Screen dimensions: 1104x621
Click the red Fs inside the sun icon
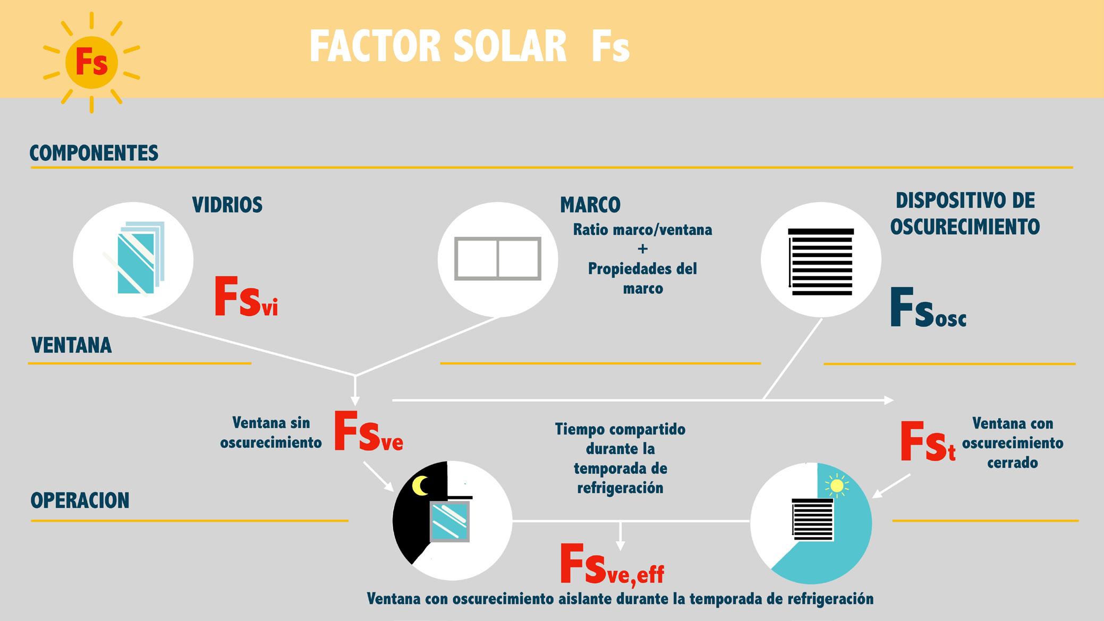(91, 63)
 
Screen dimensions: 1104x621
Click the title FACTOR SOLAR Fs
(469, 47)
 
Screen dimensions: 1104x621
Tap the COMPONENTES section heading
(94, 153)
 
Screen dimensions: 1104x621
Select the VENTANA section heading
(72, 346)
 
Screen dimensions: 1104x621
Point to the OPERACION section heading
(80, 501)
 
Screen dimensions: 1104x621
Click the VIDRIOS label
(227, 205)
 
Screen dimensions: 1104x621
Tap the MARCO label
(590, 205)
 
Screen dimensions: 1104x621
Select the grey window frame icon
(498, 259)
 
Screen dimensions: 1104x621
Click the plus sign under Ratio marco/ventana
(643, 249)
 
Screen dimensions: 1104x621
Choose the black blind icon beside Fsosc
(821, 261)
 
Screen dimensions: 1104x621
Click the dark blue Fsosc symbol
(928, 308)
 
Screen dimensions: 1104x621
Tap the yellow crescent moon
(420, 486)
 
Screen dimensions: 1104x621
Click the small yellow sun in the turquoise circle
(837, 486)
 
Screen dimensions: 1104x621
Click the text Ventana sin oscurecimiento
(271, 432)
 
